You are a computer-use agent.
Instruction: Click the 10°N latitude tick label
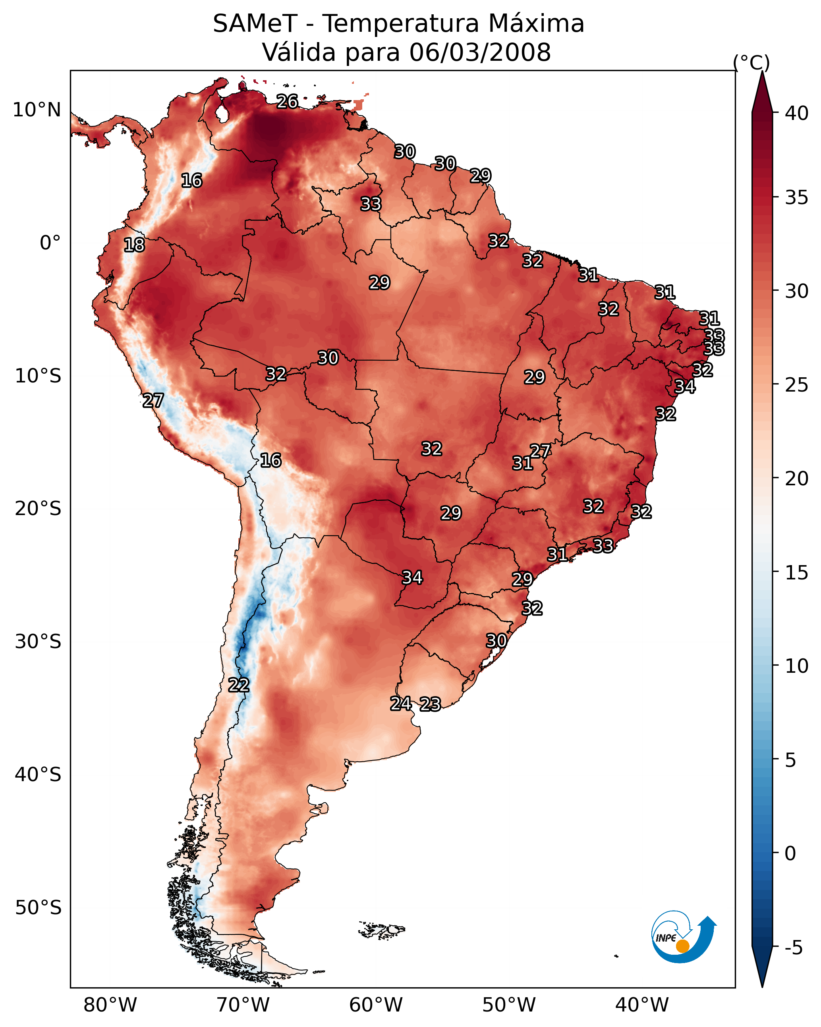37,110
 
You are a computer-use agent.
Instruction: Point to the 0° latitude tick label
50,243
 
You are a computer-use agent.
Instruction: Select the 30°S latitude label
38,642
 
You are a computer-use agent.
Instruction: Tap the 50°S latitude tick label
38,908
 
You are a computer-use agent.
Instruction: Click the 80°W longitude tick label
110,1005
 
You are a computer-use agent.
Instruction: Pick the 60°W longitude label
376,1005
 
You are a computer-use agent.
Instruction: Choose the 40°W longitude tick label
642,1005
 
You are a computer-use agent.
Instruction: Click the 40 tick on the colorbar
797,113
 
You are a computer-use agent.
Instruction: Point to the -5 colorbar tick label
794,948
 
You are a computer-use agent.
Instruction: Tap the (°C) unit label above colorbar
751,62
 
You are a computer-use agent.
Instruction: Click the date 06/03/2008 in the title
480,52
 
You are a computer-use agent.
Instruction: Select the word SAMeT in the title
255,24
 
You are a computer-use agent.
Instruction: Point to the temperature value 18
134,245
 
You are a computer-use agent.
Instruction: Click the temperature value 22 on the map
239,685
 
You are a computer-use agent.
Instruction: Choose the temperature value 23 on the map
430,704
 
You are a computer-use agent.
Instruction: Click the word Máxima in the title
536,24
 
